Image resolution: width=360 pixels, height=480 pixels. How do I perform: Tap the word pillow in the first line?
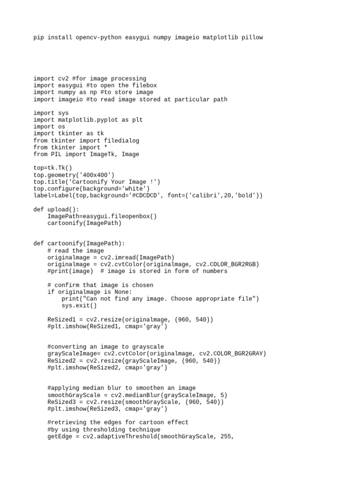coord(252,37)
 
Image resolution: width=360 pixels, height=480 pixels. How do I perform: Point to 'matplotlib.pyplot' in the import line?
coord(88,120)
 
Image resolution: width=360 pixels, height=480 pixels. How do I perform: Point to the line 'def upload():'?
coord(56,209)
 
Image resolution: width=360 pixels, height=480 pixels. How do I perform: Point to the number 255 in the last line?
coord(227,436)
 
